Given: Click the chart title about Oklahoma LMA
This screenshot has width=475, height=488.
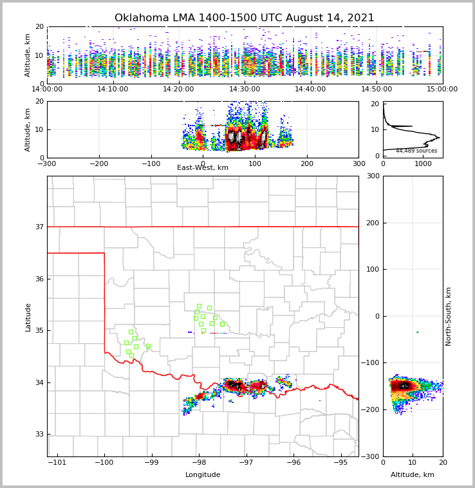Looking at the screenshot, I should point(244,18).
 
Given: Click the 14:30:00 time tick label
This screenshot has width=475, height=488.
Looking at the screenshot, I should point(245,89).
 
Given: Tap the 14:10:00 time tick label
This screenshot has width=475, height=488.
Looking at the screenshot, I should point(113,89).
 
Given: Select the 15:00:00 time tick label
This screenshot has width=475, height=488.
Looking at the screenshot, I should point(442,89).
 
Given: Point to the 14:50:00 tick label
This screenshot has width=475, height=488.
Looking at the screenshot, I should point(377,89).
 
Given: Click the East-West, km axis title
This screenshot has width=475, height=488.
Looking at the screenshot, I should point(203,168).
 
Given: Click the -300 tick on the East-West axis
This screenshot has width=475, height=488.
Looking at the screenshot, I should point(47,164).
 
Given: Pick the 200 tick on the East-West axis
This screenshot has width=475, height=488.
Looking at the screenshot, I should point(307,164).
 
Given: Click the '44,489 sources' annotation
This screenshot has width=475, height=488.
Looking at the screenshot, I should point(416,151).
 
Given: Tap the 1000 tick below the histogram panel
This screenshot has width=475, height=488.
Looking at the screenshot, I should point(423,164).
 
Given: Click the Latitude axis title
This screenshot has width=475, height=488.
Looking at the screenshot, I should point(28,317).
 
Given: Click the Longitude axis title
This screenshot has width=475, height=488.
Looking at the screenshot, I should point(203,475).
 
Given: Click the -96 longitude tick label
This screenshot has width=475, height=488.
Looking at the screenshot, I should point(293,463).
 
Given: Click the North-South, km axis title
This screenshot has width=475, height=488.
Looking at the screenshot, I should point(449,316).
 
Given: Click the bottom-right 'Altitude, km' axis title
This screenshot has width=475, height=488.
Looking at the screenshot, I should point(413,475).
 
